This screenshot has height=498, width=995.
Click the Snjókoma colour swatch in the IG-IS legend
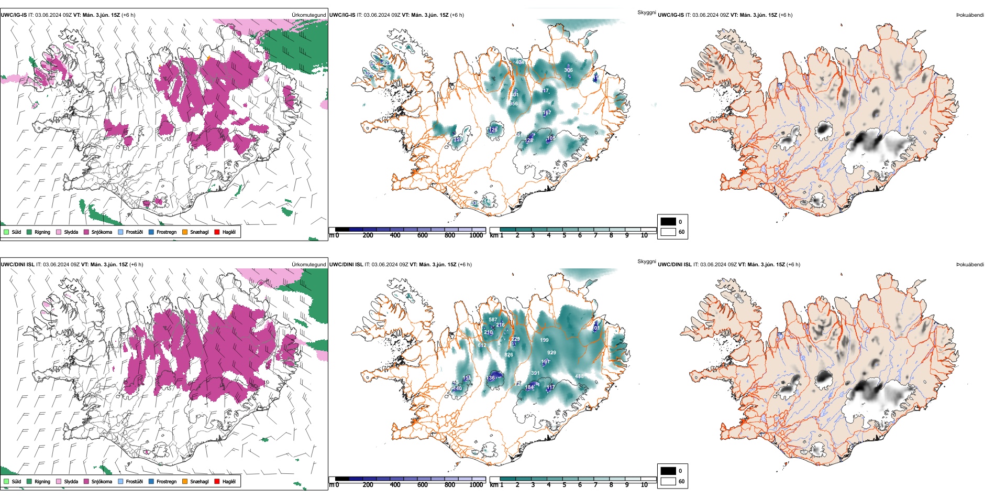[x=86, y=232]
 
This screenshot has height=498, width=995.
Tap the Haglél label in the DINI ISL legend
[x=229, y=481]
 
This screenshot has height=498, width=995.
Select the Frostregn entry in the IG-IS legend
[x=166, y=232]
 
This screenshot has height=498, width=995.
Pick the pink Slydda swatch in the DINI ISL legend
[x=59, y=481]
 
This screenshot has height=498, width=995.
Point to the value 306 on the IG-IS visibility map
[x=568, y=70]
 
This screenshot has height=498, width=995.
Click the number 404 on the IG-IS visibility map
[x=519, y=62]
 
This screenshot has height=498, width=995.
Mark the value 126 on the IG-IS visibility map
[x=493, y=129]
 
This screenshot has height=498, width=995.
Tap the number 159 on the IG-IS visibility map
[x=458, y=139]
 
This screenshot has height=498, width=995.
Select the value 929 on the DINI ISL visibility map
[x=551, y=353]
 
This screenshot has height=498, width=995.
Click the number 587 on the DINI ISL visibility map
[x=493, y=319]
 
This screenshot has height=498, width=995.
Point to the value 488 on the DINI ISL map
[x=579, y=376]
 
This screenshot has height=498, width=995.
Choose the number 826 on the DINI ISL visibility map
[x=508, y=355]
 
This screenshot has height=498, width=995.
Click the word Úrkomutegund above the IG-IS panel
[x=308, y=15]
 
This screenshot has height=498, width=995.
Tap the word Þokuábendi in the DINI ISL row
[x=970, y=265]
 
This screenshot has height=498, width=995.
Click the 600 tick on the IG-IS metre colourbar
[x=423, y=235]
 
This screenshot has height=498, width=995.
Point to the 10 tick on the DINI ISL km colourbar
[x=644, y=485]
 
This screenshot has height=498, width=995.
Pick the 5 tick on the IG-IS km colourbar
[x=565, y=235]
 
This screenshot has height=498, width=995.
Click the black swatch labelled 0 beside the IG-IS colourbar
[x=668, y=222]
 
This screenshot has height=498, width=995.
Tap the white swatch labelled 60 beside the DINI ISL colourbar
[x=668, y=481]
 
